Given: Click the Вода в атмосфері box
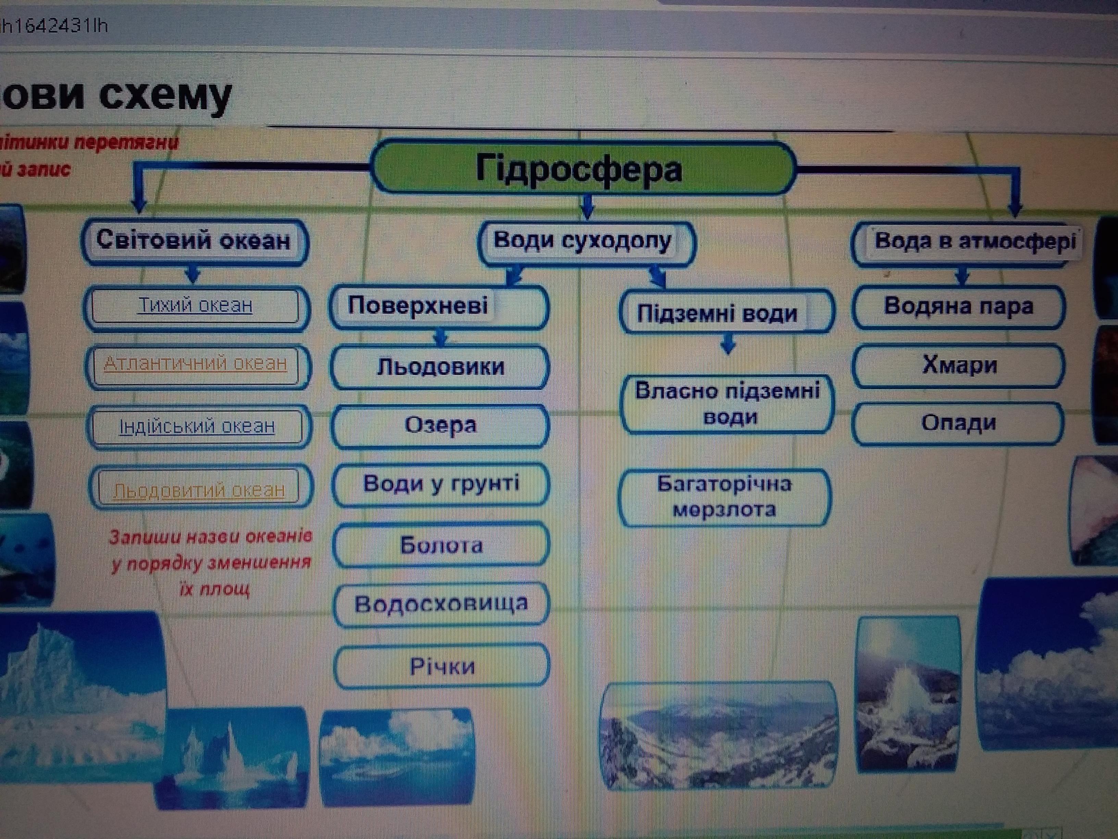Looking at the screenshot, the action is coord(968,243).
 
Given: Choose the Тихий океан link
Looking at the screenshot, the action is coord(195,306).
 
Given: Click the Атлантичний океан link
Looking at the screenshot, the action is coord(196,364).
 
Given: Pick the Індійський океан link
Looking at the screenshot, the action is coord(197,427).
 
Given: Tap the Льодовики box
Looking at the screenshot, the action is coord(440,367).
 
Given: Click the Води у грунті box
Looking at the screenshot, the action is coord(441,484).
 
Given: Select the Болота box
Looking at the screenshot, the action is coord(441,545).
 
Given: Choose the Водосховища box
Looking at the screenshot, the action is coord(441,604).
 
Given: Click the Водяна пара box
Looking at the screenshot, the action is coord(958,306).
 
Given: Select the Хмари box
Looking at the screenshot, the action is coord(959,365).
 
